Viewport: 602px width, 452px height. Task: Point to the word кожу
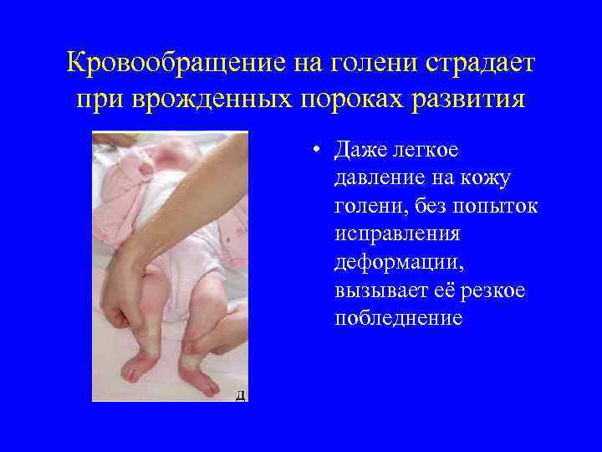pos(485,179)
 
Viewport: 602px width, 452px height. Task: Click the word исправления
pos(398,235)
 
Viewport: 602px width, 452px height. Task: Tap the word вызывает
pos(375,290)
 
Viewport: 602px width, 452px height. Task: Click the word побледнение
pos(398,319)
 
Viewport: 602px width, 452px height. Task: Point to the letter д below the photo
pos(240,395)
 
